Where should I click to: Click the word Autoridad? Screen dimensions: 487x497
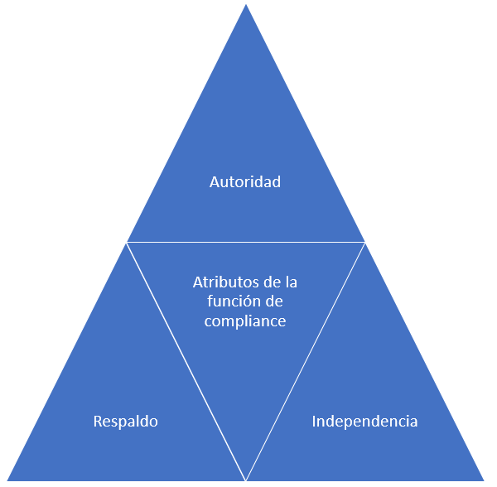point(245,181)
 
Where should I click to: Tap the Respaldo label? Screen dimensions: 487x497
point(125,422)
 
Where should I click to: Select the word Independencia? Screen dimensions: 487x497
point(364,422)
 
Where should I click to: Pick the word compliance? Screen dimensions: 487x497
point(245,321)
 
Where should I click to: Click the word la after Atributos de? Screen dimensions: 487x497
point(289,282)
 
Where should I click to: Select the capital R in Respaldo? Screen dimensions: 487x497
point(98,422)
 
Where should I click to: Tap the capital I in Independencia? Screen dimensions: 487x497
point(314,422)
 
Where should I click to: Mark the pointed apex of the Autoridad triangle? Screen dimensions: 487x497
point(246,7)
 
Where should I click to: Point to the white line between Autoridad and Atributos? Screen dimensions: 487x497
point(246,243)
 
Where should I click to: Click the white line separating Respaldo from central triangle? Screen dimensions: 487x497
point(186,360)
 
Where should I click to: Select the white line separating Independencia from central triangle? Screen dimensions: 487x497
point(306,360)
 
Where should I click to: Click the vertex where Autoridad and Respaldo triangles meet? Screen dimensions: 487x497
point(127,243)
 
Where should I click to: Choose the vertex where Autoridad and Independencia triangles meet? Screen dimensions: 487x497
point(364,243)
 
